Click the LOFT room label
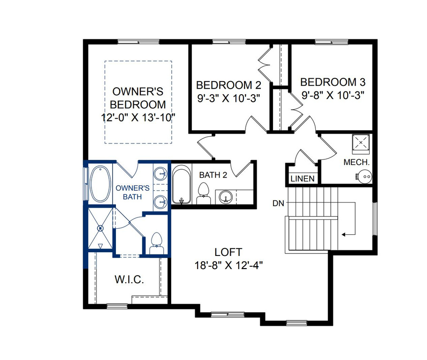tap(228, 252)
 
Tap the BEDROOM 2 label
tap(229, 85)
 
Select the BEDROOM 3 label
tap(333, 82)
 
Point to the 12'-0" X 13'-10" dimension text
tap(138, 118)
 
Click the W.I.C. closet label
tap(130, 279)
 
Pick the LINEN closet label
tap(303, 179)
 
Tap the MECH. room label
tap(357, 162)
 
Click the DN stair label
tap(278, 203)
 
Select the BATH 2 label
tap(213, 175)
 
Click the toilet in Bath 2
tap(204, 193)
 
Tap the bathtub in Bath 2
tap(182, 185)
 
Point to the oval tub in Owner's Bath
tap(100, 184)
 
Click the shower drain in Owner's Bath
tap(100, 228)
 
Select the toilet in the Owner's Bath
tap(157, 243)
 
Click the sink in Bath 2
tap(226, 197)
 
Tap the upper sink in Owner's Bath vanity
tap(160, 173)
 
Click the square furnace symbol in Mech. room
tap(361, 142)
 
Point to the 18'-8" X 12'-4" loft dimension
tap(229, 265)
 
